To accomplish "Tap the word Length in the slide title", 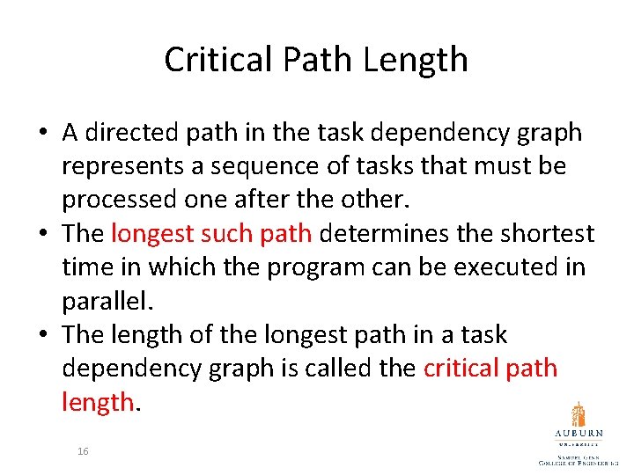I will [424, 60].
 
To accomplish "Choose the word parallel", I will [106, 301].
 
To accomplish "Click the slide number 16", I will [83, 450].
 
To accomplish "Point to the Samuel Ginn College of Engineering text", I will [579, 458].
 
